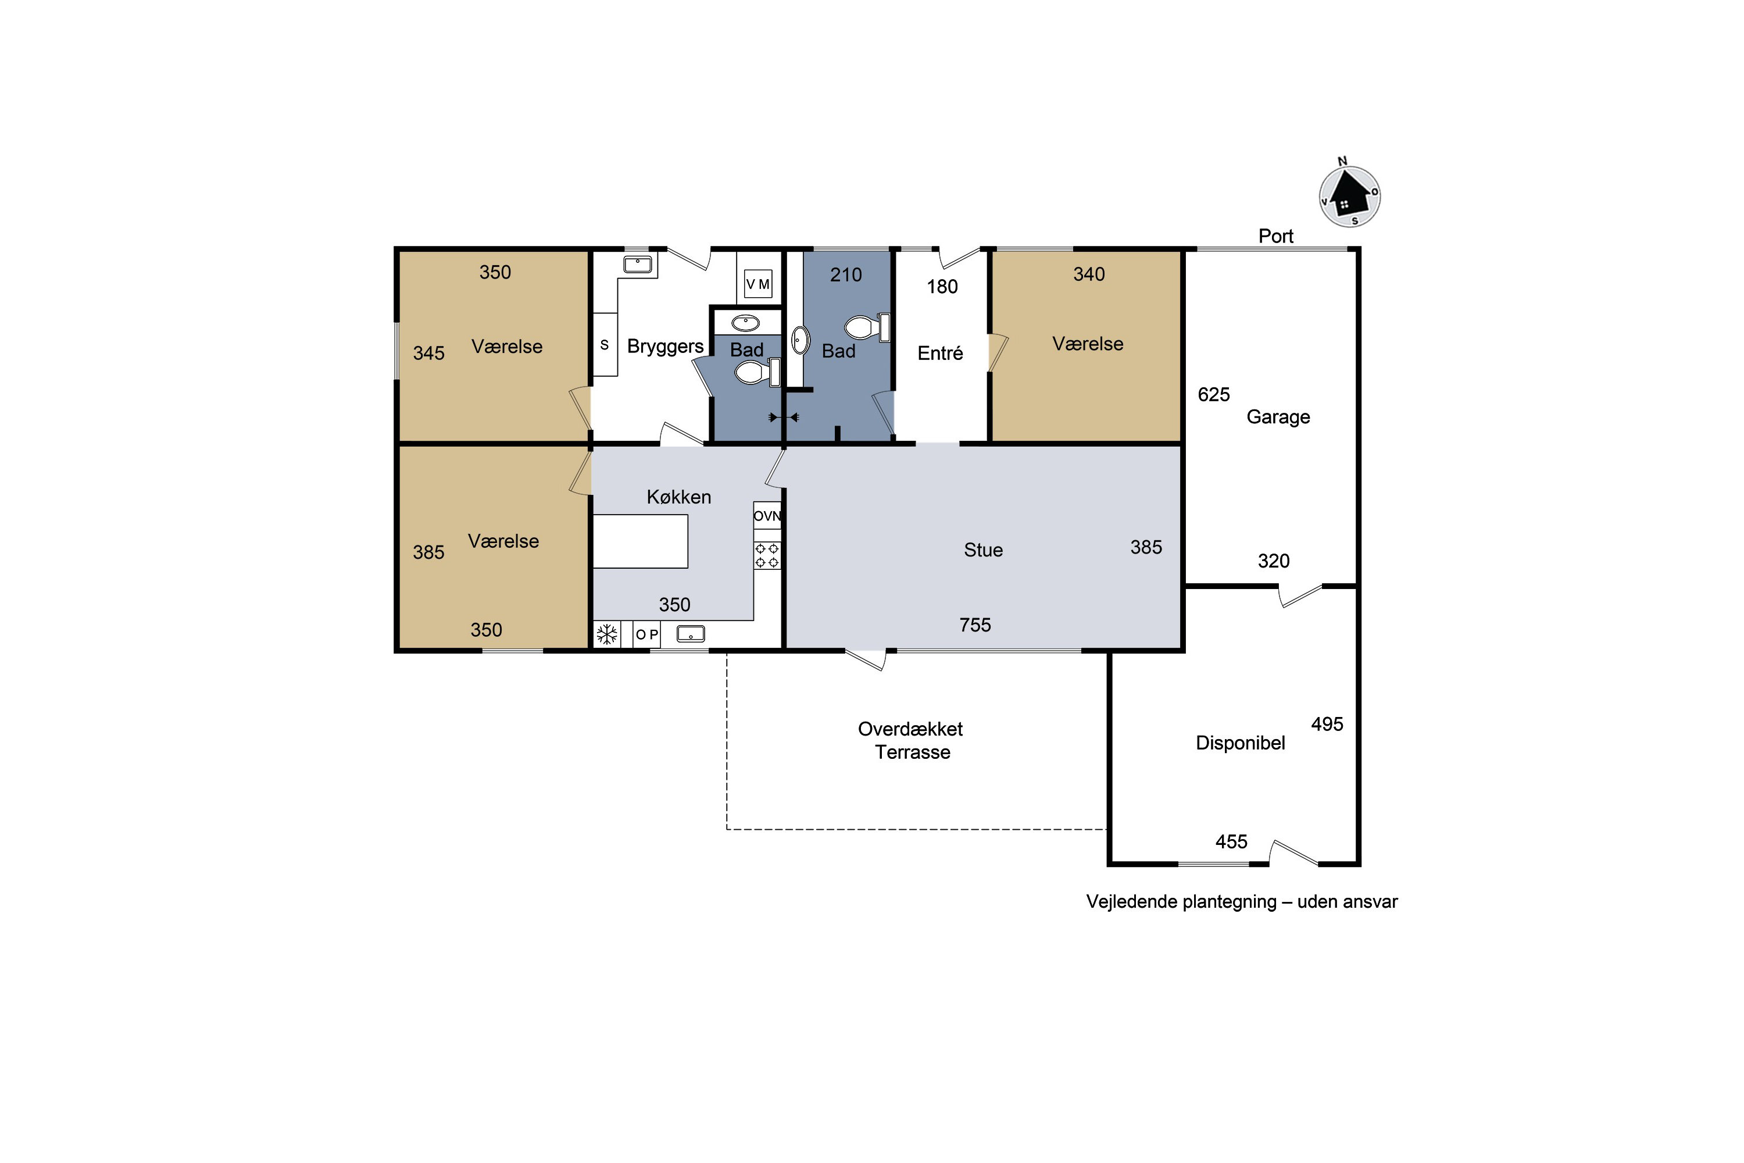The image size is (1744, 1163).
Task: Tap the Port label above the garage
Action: (x=1275, y=236)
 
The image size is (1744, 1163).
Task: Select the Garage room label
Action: (x=1278, y=417)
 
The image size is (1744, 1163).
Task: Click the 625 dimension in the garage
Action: (x=1214, y=395)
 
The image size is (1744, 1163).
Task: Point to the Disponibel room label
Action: (x=1240, y=743)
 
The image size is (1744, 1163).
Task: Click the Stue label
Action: (x=983, y=550)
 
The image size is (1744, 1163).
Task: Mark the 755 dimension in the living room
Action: (x=975, y=625)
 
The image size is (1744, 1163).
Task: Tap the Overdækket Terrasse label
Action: (x=912, y=740)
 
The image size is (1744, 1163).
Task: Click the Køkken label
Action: (x=678, y=497)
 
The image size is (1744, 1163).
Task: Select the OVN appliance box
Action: (x=767, y=515)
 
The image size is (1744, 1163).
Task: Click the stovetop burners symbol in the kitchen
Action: (x=767, y=555)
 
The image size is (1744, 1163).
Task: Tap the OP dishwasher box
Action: (x=646, y=634)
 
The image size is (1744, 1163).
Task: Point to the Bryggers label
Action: (x=665, y=347)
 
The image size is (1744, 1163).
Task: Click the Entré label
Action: (x=940, y=353)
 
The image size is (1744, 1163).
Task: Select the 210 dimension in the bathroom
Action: (x=846, y=274)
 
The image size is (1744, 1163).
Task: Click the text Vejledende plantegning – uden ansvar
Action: (x=1241, y=902)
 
